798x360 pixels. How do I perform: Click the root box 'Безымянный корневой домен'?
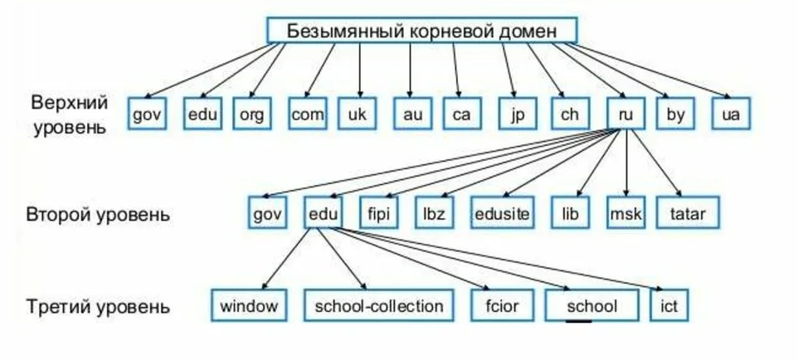(x=421, y=30)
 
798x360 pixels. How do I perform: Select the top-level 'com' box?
(x=308, y=114)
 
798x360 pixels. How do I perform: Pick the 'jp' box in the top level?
(x=518, y=114)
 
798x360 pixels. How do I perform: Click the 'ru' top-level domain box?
(x=626, y=114)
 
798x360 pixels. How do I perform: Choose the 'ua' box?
(x=731, y=114)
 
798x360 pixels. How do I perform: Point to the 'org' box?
(x=251, y=114)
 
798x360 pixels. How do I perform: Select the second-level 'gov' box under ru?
(x=268, y=213)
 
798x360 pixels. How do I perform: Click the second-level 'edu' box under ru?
(x=323, y=213)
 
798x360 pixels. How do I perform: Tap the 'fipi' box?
(x=378, y=213)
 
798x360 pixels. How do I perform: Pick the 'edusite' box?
(x=502, y=213)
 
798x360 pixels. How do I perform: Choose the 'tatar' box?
(x=689, y=213)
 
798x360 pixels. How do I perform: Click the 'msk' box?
(x=625, y=213)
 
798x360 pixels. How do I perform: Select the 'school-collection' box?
(x=379, y=306)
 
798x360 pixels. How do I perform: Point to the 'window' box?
(x=249, y=306)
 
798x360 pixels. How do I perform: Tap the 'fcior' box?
(x=504, y=306)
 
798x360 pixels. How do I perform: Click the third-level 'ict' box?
(x=669, y=306)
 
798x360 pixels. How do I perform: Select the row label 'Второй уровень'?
(x=98, y=214)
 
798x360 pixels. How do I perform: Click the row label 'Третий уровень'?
(x=98, y=307)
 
